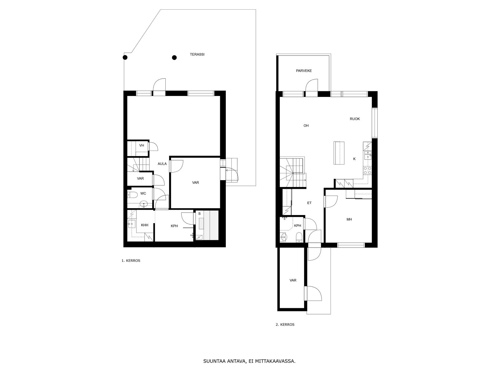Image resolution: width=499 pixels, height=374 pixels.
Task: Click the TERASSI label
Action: click(x=197, y=55)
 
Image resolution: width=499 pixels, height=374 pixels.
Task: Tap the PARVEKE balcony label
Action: click(x=304, y=71)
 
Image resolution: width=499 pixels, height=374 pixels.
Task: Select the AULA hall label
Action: click(x=162, y=164)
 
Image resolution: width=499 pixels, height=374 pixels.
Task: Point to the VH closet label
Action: click(x=142, y=145)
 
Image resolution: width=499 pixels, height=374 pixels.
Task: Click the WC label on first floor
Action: click(x=143, y=194)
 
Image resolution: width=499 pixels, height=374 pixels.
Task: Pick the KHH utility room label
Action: click(x=145, y=225)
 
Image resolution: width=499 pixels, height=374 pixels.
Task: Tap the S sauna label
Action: click(x=199, y=214)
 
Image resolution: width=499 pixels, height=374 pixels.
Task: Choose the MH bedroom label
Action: click(x=349, y=219)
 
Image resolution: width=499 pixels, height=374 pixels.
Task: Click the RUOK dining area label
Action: click(x=355, y=119)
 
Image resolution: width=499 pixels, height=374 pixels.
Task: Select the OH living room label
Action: click(x=306, y=126)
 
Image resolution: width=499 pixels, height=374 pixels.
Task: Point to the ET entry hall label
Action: click(x=309, y=203)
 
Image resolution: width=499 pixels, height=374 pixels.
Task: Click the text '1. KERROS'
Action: click(x=131, y=261)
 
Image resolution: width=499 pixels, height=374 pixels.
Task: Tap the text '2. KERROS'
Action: click(x=285, y=324)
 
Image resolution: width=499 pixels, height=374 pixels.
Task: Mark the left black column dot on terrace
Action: click(x=125, y=57)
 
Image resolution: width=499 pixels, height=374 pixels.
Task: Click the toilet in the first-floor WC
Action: click(x=132, y=194)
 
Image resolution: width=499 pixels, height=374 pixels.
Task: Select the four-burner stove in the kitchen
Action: click(x=367, y=170)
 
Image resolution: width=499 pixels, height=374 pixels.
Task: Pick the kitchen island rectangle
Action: click(x=339, y=153)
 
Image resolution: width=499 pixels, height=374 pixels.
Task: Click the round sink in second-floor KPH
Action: click(x=283, y=237)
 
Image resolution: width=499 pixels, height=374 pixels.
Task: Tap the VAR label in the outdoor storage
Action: click(x=293, y=280)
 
